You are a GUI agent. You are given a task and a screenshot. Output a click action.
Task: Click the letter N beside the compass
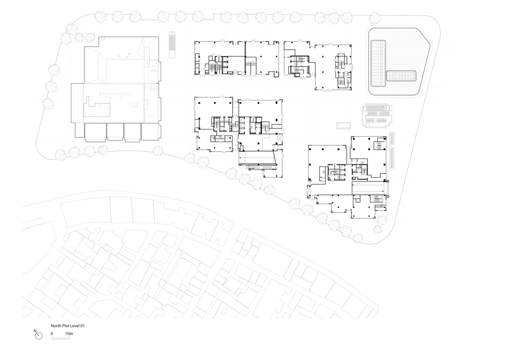coord(35,331)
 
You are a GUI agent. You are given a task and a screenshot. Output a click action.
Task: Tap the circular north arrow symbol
coord(39,336)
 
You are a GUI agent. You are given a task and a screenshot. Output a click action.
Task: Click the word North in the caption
coord(56,326)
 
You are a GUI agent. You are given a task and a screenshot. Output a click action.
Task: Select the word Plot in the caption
coord(66,326)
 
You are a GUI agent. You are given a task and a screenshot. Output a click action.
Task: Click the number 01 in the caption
coord(82,326)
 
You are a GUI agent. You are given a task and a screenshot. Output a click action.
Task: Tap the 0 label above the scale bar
coord(52,334)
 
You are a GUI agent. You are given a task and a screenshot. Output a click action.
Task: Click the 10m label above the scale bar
coord(69,334)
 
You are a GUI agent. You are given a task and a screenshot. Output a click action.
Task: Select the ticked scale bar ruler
coord(61,338)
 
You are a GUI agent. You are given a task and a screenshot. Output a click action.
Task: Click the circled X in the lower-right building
coord(309,190)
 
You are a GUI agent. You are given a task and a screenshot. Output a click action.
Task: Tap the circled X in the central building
coord(280,138)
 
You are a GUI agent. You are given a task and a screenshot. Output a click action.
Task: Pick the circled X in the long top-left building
coord(235,72)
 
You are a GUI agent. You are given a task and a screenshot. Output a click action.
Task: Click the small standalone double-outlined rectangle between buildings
coord(344,125)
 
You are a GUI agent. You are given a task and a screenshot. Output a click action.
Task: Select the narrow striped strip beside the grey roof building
coord(172,45)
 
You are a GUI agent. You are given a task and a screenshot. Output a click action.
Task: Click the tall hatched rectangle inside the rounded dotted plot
coord(378,63)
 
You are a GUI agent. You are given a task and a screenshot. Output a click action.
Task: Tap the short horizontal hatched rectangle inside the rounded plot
coord(401,76)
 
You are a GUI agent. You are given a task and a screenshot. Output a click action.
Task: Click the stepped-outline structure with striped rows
coord(377,115)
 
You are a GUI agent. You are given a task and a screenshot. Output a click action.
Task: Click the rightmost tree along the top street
coord(375,18)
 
